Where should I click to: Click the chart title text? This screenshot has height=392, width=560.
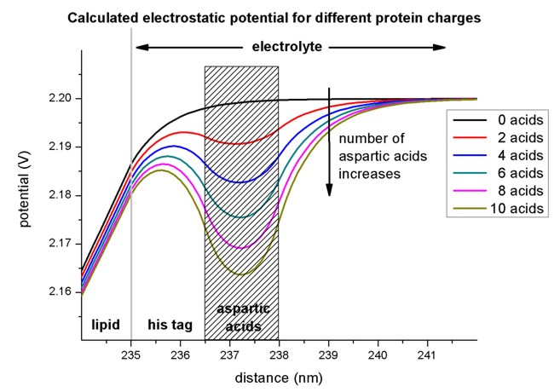tap(280, 18)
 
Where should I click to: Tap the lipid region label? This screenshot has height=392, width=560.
tap(105, 324)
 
